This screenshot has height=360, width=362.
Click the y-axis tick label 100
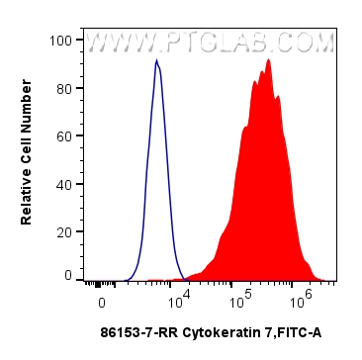pos(62,41)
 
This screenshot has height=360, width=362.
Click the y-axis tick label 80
pos(65,88)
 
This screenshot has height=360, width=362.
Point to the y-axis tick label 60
pos(65,135)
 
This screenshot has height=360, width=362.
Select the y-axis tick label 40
pos(65,183)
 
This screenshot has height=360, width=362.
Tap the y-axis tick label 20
pos(65,230)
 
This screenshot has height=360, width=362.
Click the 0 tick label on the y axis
pos(68,276)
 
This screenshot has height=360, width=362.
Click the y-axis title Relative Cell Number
pos(27,158)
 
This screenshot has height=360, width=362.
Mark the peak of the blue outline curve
pos(156,61)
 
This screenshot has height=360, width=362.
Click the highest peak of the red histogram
pos(268,60)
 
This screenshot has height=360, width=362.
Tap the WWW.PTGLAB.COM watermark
pos(211,45)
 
